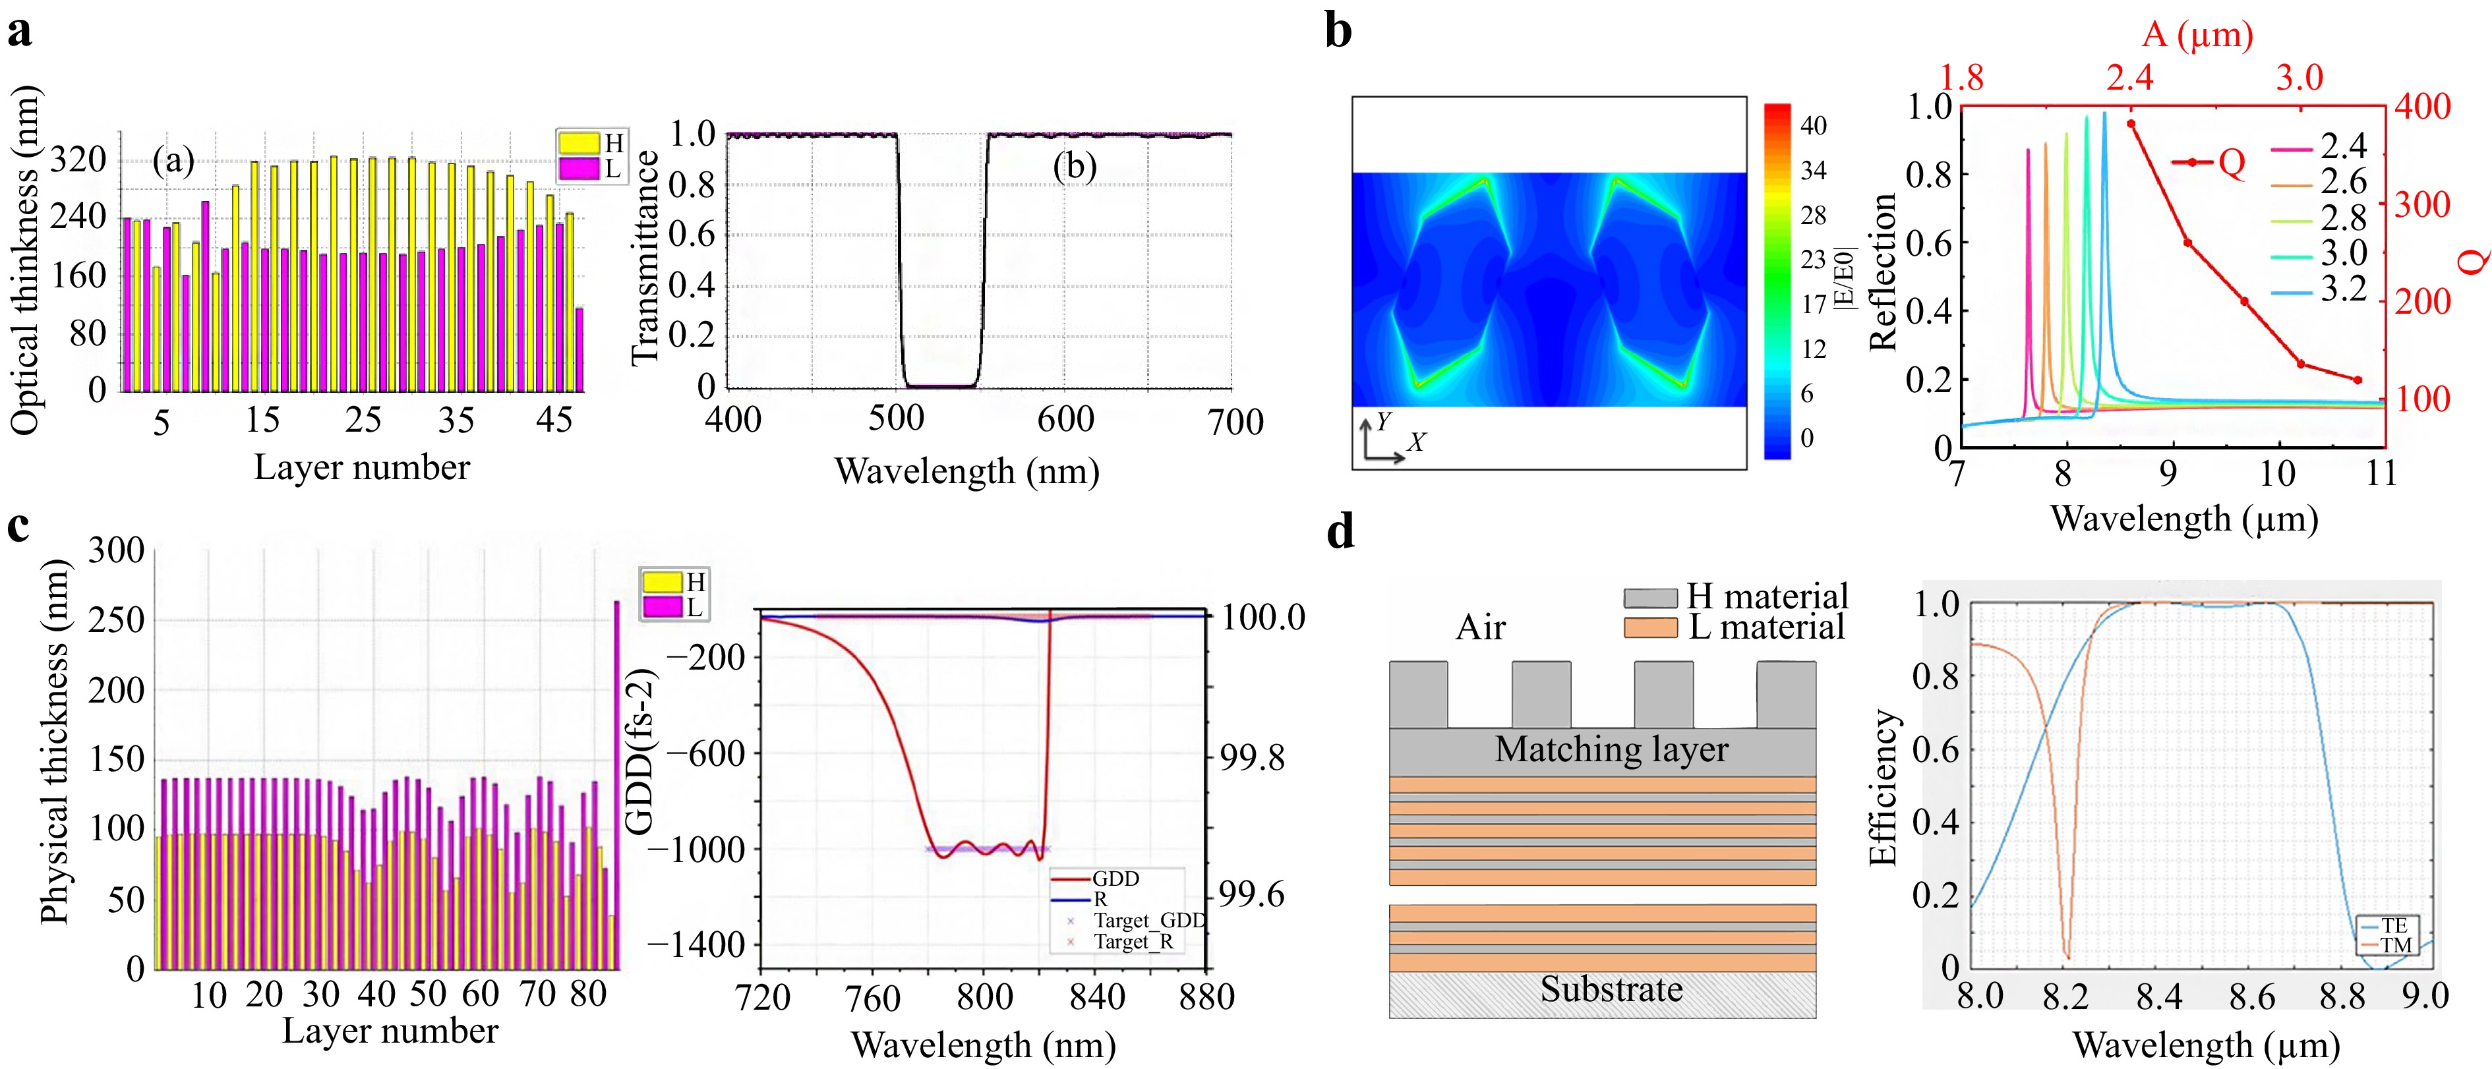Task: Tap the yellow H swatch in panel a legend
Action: pos(578,143)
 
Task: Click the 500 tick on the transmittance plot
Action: pos(896,419)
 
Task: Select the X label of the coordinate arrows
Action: pos(1416,442)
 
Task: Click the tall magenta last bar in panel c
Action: pos(617,784)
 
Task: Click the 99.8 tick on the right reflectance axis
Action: pos(1252,757)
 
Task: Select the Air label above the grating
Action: pos(1480,628)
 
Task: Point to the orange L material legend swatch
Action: pos(1650,628)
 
